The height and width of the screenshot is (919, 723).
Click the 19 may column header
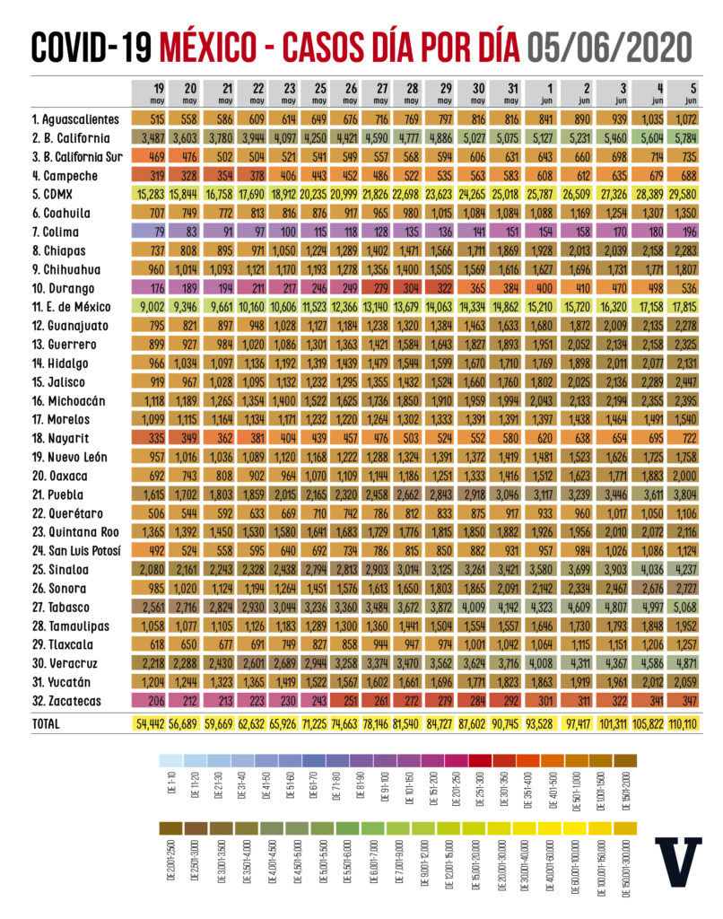pyautogui.click(x=158, y=92)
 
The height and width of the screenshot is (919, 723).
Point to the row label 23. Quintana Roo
pyautogui.click(x=73, y=530)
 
